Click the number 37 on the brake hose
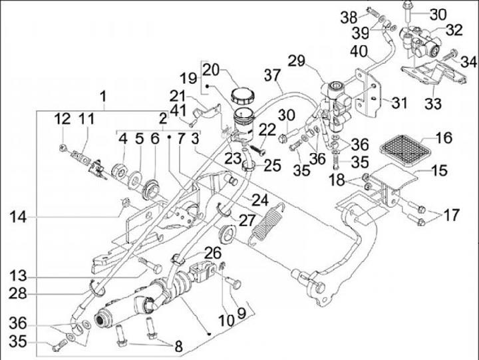273,75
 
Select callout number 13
20,275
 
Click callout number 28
20,293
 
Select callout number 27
228,219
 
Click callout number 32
454,30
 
